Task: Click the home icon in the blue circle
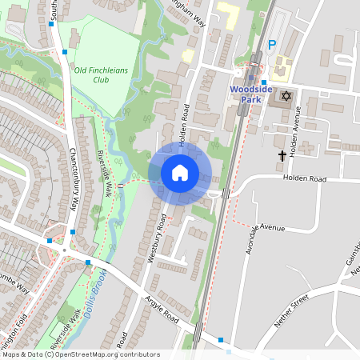coord(180,172)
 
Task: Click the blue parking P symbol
coord(272,46)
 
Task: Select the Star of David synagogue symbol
coord(286,97)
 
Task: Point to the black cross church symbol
coord(282,154)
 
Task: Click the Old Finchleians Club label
coord(102,74)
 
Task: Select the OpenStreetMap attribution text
coord(80,354)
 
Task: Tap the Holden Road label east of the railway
coord(304,180)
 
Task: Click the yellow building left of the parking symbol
coord(228,13)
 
